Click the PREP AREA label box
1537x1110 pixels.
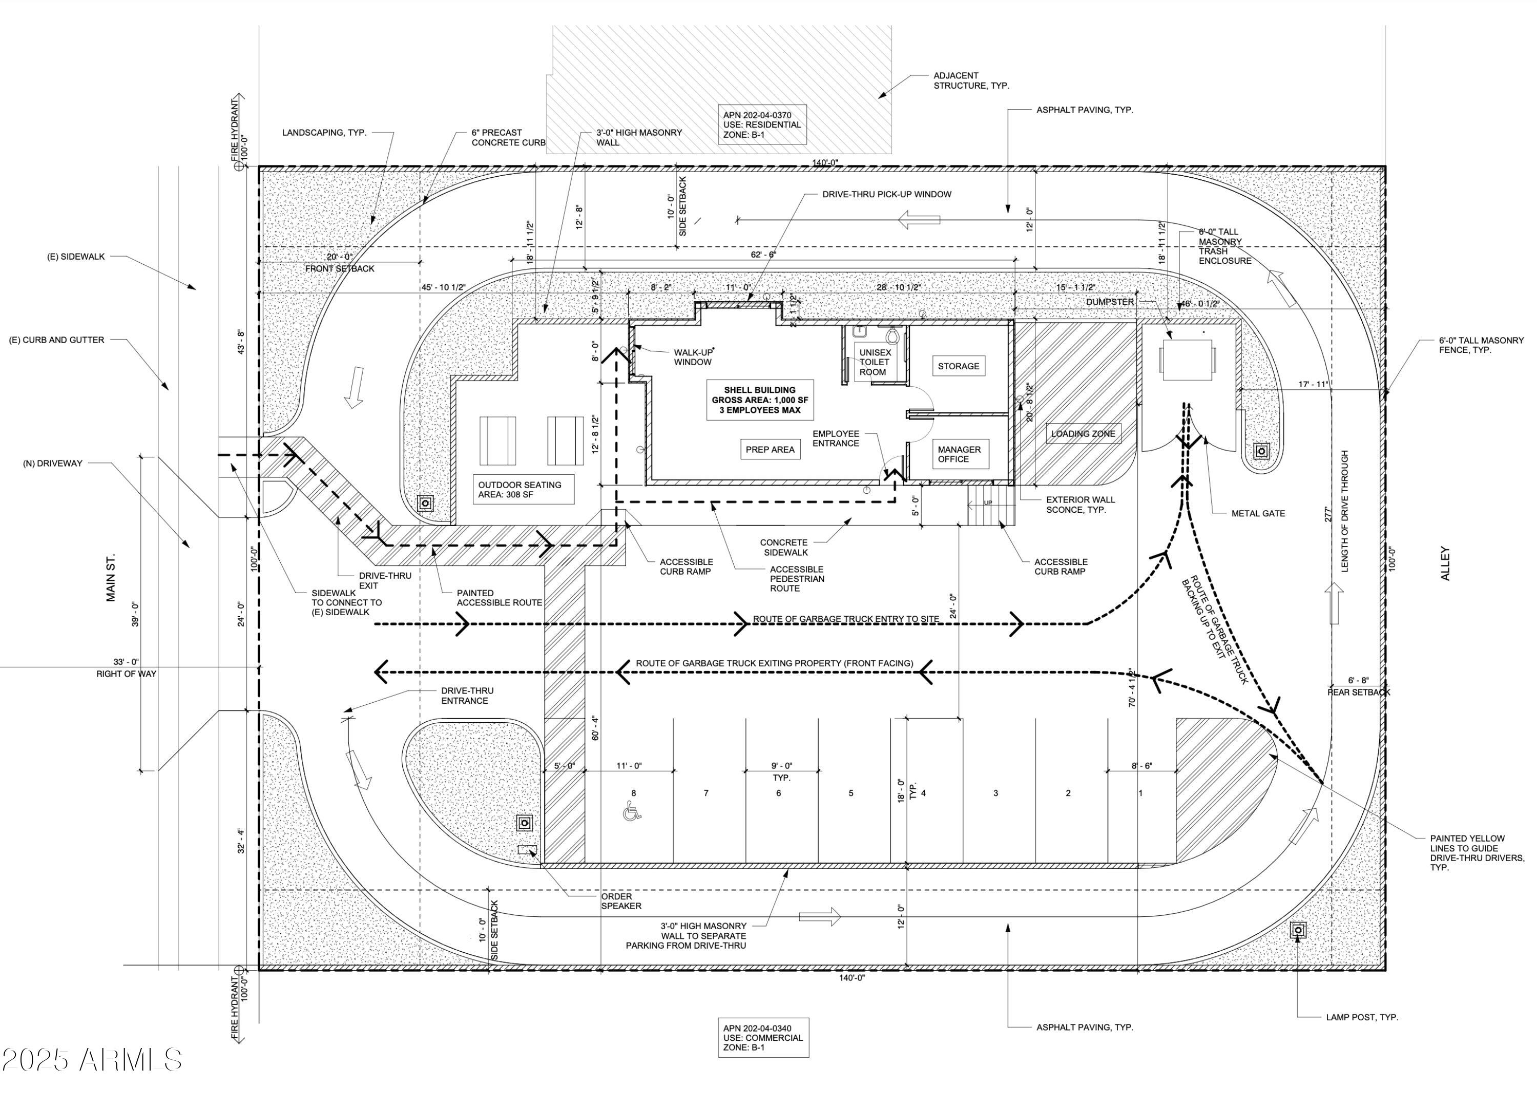click(770, 449)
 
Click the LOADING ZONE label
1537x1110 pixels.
click(1082, 434)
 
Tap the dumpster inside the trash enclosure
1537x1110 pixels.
click(1187, 359)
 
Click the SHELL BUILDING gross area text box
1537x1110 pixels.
click(760, 400)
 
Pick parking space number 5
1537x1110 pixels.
click(850, 793)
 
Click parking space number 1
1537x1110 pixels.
click(1140, 793)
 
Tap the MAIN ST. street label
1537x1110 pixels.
click(111, 577)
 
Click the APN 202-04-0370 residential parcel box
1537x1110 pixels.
click(762, 124)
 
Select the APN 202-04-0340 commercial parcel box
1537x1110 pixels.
click(763, 1037)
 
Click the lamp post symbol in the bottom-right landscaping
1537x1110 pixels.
click(1298, 930)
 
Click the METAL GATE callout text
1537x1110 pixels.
click(1258, 514)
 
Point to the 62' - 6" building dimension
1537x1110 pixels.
click(763, 255)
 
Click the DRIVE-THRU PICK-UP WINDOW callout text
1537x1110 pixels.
click(886, 195)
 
